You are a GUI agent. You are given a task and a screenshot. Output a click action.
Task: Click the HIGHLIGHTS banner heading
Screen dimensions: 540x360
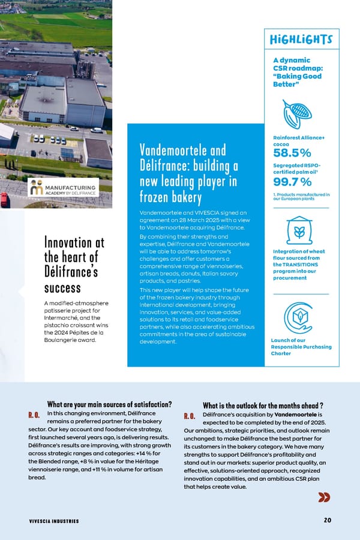298,40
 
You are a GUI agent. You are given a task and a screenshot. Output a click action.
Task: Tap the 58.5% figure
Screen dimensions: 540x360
292,152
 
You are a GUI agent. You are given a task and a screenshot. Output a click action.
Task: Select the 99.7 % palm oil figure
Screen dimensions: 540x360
292,182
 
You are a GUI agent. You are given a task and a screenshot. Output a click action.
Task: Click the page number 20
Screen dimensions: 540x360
327,520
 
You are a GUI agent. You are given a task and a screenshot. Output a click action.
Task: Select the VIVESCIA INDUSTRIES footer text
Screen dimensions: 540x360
54,521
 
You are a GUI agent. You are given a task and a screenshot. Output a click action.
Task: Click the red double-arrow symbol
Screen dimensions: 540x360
324,497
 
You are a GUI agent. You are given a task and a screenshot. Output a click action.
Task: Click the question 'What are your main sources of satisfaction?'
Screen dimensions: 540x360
110,404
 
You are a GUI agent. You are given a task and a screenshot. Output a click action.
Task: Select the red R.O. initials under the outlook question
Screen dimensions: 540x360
190,416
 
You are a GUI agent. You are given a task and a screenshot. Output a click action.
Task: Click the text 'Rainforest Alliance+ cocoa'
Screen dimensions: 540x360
298,141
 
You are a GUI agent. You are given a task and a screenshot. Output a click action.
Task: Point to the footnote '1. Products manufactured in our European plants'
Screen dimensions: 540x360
301,196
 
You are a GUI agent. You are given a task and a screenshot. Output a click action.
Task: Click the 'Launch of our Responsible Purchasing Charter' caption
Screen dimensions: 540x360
301,347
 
